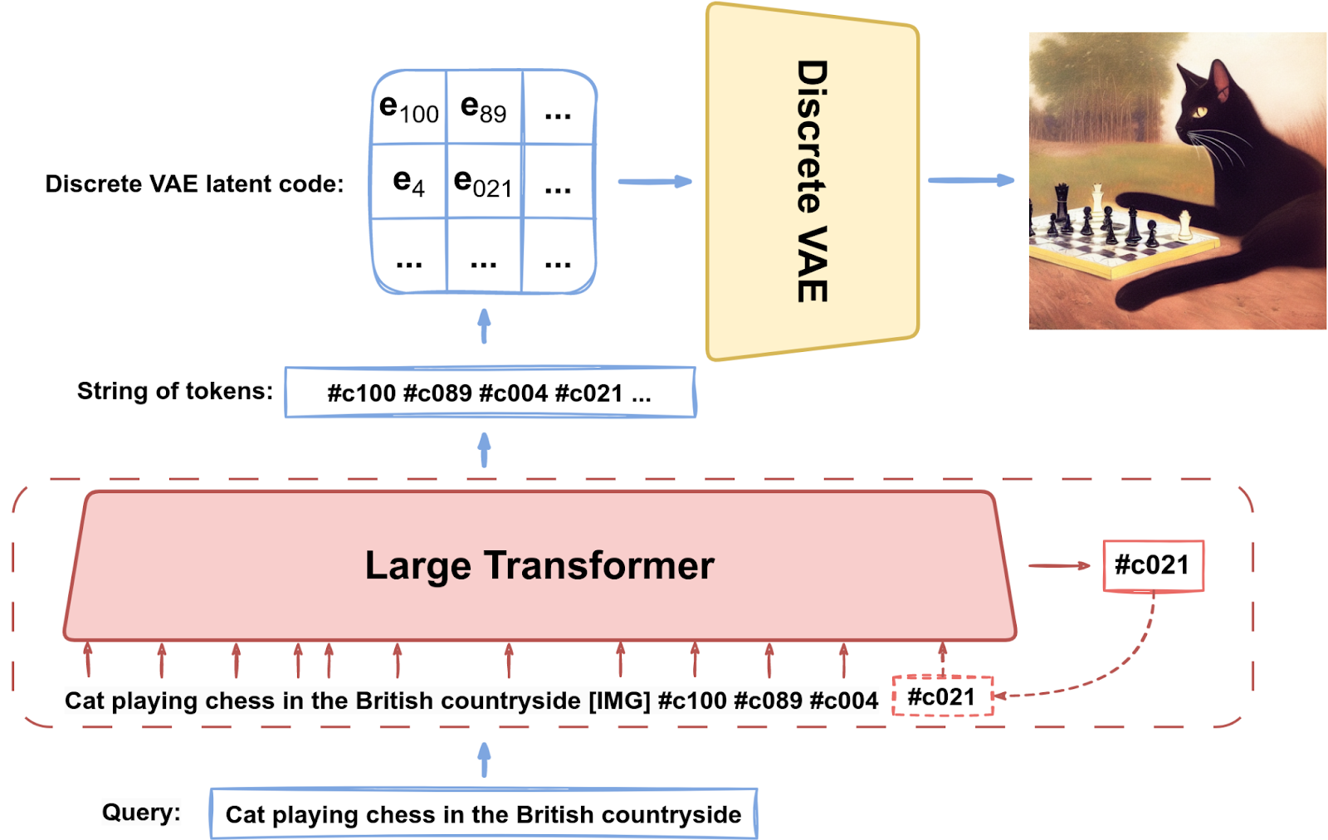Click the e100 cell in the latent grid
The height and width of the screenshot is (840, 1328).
tap(409, 108)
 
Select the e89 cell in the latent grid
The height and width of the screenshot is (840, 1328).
tap(484, 108)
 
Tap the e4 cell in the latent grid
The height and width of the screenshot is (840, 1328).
tap(409, 182)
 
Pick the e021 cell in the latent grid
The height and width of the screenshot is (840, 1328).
tap(484, 182)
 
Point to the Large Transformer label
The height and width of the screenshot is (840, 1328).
tap(539, 565)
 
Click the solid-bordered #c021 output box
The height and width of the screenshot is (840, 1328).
tap(1153, 565)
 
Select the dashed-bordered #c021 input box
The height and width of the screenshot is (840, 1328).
tap(943, 696)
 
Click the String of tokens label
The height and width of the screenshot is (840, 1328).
tap(175, 391)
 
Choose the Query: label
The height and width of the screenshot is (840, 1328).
tap(141, 812)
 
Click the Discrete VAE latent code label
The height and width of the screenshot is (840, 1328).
tap(194, 183)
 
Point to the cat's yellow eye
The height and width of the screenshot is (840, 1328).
tap(1200, 111)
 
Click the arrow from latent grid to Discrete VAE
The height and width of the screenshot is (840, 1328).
tap(655, 182)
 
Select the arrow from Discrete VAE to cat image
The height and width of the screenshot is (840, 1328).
tap(971, 180)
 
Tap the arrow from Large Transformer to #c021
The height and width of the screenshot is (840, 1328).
tap(1059, 565)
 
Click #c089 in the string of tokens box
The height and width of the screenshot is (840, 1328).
tap(437, 393)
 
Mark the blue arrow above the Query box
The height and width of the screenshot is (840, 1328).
tap(485, 759)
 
